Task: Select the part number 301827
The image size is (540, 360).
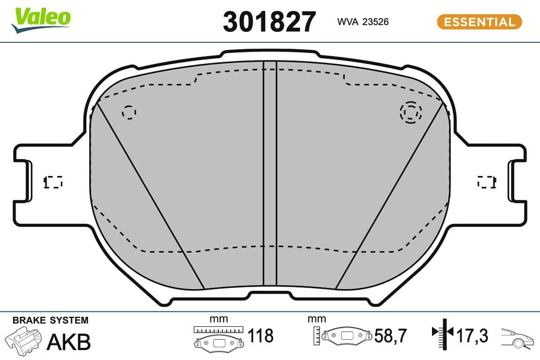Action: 270,22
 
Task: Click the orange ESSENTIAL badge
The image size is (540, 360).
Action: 479,22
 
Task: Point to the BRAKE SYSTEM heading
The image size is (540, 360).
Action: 50,320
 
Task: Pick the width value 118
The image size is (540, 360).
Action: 261,336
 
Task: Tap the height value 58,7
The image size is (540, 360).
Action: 390,336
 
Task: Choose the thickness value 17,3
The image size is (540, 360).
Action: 472,336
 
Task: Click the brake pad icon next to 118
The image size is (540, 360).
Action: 219,342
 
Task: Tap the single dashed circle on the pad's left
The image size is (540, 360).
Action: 129,112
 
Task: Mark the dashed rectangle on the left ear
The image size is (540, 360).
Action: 53,182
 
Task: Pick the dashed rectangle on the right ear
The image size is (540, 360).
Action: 486,182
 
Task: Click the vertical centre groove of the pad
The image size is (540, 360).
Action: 270,175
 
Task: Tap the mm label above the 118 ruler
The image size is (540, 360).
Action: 219,319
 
